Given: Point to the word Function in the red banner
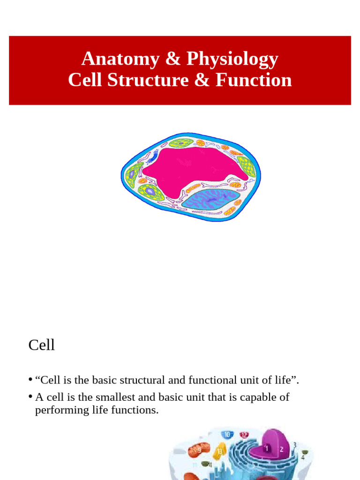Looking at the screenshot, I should point(254,80).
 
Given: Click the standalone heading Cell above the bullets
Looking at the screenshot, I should point(42,345).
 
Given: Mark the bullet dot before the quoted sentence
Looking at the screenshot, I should point(30,379).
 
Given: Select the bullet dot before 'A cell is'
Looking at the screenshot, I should point(30,397).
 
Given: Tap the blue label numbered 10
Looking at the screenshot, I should point(227,435).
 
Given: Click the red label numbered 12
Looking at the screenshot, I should point(244,435).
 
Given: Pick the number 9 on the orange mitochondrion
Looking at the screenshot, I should point(199,450).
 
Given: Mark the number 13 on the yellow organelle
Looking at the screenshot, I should point(219,451).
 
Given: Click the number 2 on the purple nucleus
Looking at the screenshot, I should point(281,449).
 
